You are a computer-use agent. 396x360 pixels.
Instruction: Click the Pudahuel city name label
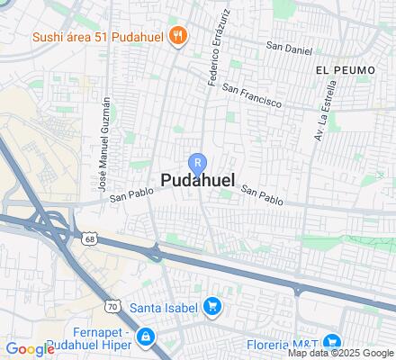point(198,181)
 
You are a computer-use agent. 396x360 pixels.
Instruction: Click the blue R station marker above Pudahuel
point(198,162)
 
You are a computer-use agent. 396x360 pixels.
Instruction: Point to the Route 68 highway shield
point(88,238)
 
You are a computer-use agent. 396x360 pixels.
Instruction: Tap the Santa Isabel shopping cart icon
point(212,308)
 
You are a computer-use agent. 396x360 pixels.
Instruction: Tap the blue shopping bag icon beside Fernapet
point(146,337)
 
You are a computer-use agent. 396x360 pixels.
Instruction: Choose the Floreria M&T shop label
point(279,343)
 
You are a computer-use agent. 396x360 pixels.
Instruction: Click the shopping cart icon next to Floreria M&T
point(331,342)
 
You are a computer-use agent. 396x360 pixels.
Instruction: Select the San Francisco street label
point(252,96)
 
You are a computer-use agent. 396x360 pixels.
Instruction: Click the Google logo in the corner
point(30,349)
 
